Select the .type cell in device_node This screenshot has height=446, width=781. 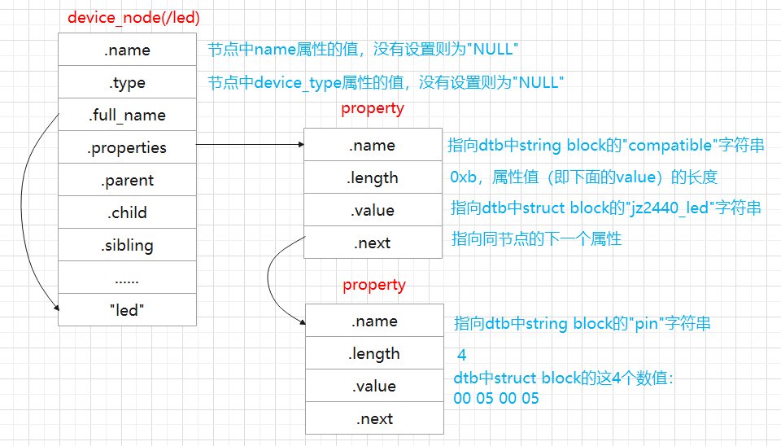point(127,82)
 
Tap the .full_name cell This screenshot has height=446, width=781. point(127,115)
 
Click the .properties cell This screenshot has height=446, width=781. point(127,147)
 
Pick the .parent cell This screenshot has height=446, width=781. point(127,180)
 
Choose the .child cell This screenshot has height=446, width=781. point(127,212)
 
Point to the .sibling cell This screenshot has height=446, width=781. point(127,245)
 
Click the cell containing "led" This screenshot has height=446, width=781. point(127,310)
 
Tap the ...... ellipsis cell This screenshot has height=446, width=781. point(127,278)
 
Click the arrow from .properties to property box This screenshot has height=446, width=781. point(249,145)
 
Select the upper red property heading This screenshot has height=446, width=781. point(372,108)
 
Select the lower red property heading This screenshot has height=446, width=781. point(373,285)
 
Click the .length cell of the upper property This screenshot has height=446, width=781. point(373,177)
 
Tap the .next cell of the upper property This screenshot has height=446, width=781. point(373,243)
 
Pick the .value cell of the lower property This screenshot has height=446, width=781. point(374,386)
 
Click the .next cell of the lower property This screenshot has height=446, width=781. point(374,418)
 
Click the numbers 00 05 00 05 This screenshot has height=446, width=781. point(495,398)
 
